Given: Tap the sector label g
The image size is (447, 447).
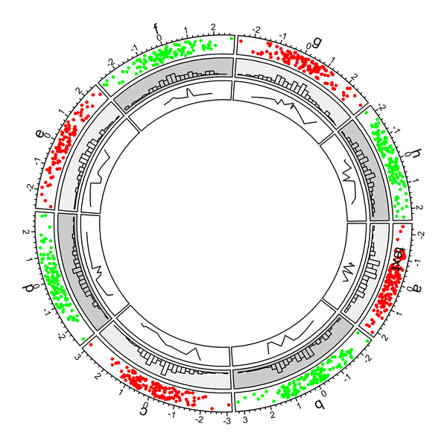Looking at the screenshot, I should (x=317, y=42).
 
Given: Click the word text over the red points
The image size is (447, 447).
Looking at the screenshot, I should (x=399, y=259).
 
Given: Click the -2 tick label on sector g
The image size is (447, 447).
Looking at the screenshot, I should (x=257, y=31).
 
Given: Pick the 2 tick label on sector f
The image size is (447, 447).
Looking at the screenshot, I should (x=214, y=27).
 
